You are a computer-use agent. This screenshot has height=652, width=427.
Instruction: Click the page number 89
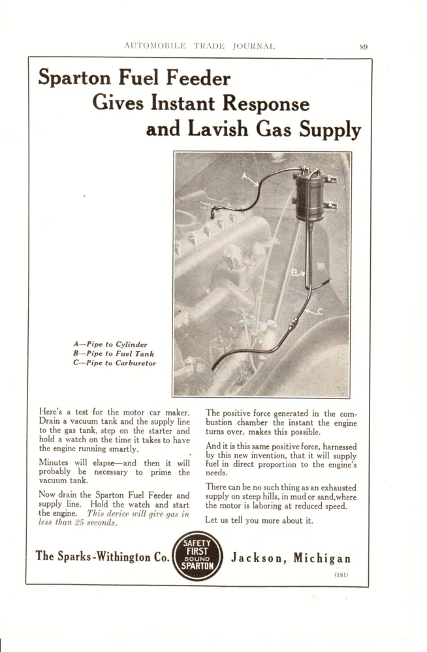(364, 46)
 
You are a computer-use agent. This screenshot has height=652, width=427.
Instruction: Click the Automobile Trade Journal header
(199, 46)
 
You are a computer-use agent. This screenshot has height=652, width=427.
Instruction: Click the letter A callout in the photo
(245, 176)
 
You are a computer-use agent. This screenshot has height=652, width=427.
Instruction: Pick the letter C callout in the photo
(320, 311)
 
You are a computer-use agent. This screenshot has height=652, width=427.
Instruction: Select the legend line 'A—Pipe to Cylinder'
(110, 344)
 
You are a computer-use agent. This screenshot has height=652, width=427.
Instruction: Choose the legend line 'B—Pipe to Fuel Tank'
(113, 353)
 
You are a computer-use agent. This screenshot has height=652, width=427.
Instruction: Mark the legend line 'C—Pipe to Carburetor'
(115, 363)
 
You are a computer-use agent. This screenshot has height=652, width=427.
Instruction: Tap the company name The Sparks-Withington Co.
(103, 557)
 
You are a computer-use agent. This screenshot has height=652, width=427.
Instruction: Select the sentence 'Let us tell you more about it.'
(259, 520)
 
